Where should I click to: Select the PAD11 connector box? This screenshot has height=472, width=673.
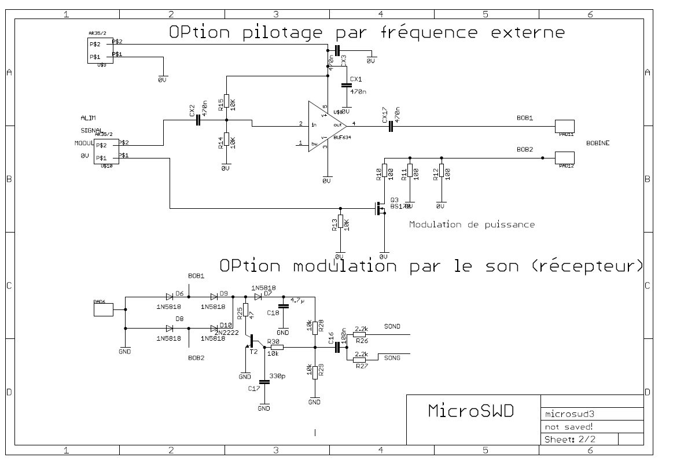(x=564, y=126)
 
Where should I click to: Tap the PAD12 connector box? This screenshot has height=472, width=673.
(x=564, y=157)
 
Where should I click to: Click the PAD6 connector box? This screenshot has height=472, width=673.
(x=104, y=309)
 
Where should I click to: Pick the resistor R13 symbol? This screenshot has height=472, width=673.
(x=340, y=223)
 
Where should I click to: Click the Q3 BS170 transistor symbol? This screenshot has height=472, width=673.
(x=381, y=208)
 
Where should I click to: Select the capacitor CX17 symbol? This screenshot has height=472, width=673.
(x=391, y=127)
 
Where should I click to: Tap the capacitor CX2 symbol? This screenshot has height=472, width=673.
(x=198, y=120)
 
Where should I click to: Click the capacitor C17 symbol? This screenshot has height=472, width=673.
(x=264, y=382)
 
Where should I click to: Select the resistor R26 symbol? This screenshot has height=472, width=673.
(x=359, y=334)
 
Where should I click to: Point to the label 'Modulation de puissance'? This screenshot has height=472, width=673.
(x=471, y=224)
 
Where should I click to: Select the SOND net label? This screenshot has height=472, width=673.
(x=393, y=327)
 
